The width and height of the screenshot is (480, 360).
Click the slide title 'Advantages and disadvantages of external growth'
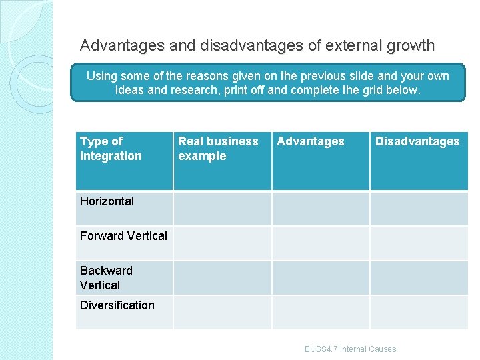[257, 46]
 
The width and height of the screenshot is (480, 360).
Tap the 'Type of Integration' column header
[111, 149]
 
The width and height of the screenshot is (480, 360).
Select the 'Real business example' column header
[218, 149]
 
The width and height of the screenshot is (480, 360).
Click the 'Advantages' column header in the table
[311, 141]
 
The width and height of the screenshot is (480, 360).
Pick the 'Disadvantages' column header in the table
[417, 141]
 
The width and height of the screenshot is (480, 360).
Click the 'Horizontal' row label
[107, 201]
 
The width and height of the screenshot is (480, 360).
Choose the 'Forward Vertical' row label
[123, 236]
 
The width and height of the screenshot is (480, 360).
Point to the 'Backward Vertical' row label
[106, 278]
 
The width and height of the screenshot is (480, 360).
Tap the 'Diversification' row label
[117, 305]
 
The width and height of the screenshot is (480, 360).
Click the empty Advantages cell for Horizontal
[321, 208]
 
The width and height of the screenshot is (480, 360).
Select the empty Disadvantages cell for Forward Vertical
[419, 243]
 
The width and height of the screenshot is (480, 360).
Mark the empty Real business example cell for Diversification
[223, 312]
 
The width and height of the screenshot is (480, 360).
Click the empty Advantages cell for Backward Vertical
[321, 277]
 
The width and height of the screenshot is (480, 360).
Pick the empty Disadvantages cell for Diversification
[419, 312]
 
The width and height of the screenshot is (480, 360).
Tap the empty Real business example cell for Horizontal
[223, 208]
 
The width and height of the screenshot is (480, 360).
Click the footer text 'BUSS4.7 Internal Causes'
[350, 349]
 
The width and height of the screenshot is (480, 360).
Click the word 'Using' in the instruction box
[101, 76]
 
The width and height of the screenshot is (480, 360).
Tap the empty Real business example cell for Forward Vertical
[223, 243]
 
